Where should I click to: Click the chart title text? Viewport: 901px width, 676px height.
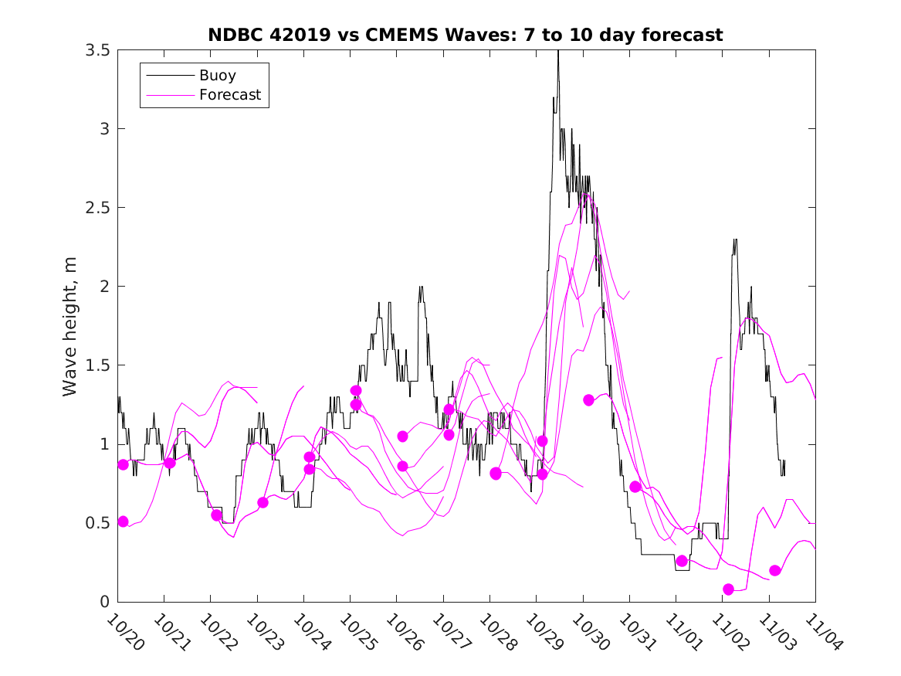(466, 35)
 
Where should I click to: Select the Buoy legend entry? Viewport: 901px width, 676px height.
(217, 76)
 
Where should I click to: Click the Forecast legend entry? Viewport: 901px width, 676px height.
(229, 96)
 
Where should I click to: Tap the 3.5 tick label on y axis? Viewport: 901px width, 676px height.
(97, 50)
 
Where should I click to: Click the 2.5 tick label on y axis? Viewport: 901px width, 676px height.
(97, 208)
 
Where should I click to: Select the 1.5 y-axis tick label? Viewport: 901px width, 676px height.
(97, 365)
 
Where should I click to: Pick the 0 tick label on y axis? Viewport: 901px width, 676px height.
(103, 602)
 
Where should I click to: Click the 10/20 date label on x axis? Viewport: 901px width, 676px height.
(124, 633)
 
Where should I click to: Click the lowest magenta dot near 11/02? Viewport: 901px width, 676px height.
(728, 589)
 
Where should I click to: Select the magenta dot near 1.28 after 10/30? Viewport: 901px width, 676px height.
(588, 400)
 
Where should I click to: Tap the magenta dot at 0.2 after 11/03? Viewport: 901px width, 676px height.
(775, 571)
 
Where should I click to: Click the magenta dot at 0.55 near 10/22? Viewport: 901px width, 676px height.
(216, 515)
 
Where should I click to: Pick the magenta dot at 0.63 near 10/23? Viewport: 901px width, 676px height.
(263, 503)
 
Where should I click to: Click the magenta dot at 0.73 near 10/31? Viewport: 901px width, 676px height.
(635, 487)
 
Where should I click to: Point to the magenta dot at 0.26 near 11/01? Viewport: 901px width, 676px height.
(682, 561)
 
